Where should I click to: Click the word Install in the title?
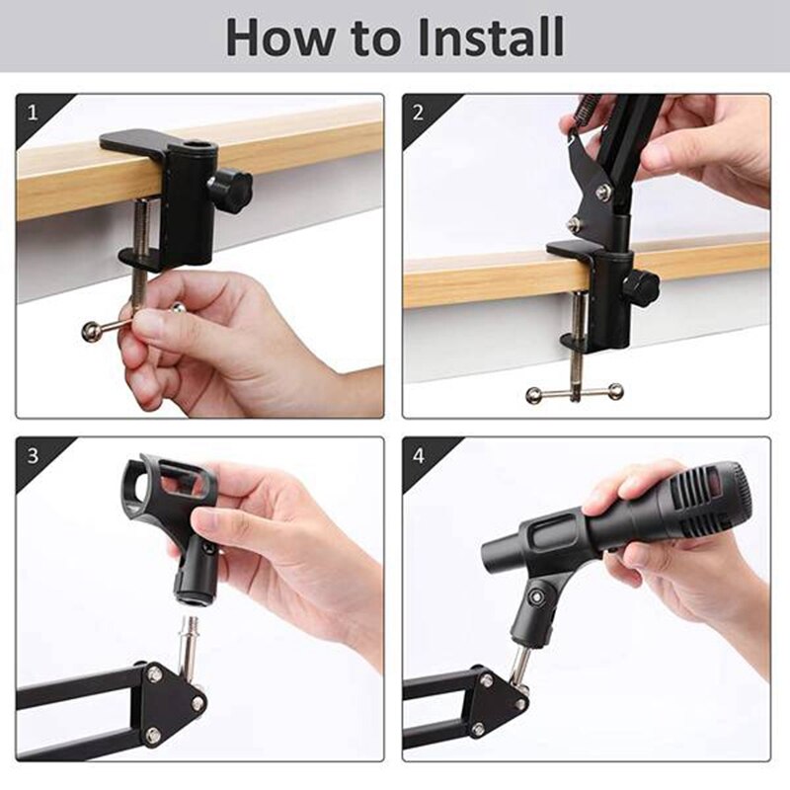[491, 37]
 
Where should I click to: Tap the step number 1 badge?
[33, 112]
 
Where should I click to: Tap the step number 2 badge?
[419, 112]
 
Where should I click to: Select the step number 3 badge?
[33, 455]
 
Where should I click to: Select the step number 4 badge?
[419, 455]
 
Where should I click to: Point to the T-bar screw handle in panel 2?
[575, 393]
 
